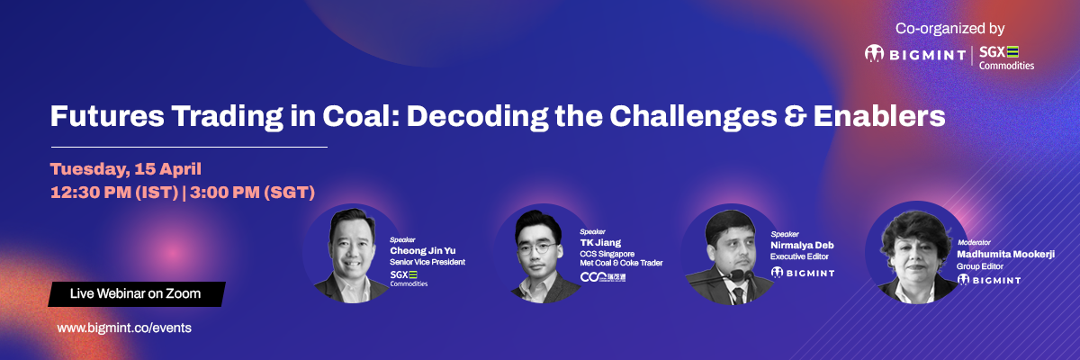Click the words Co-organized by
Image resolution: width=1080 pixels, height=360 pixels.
pos(949,29)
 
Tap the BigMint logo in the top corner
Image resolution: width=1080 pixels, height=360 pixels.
pos(915,54)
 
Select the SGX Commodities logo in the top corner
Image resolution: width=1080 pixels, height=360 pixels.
pos(1006,58)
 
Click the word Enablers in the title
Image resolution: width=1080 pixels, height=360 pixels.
pos(879,116)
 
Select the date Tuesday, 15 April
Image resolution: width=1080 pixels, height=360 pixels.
pos(126,169)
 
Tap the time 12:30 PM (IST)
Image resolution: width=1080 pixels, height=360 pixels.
pos(114,193)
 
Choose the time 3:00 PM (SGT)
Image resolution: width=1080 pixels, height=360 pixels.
pos(252,193)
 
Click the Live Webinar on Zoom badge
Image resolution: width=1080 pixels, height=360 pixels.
pos(137,294)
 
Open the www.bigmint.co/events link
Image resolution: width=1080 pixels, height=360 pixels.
pos(124,328)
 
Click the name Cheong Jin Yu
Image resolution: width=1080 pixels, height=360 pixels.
pos(423,250)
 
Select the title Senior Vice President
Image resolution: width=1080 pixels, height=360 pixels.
pos(427,262)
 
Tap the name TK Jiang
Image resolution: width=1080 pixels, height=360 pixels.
pos(600,243)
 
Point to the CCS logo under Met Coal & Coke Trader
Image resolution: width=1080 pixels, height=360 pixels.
pos(603,277)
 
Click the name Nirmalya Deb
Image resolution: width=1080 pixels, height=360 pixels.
pos(802,246)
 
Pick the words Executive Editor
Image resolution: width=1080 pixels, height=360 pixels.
pos(799,256)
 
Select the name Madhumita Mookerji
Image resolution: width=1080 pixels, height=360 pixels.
pos(1006,254)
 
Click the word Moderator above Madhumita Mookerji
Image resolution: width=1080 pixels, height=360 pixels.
pos(974,242)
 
